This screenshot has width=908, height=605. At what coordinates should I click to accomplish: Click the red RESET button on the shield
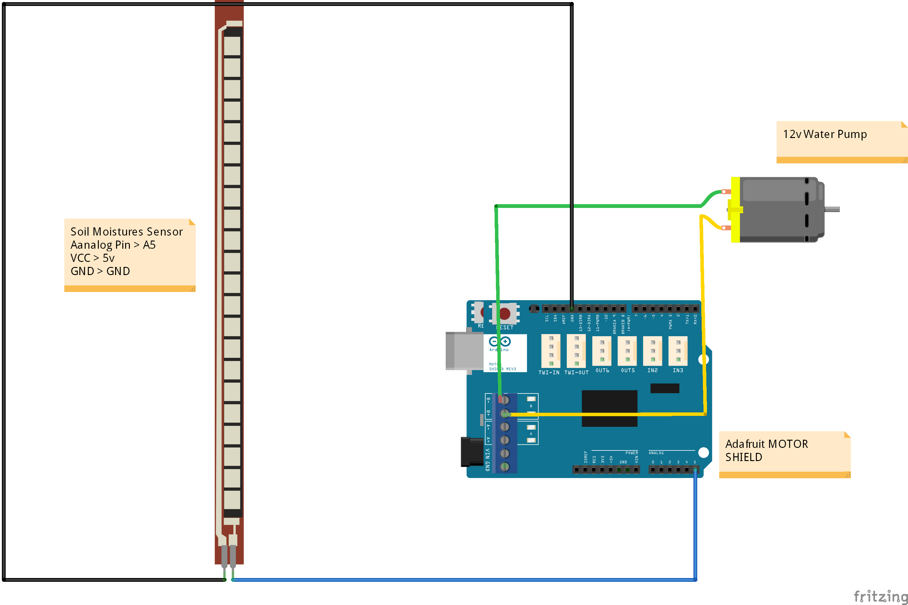[505, 313]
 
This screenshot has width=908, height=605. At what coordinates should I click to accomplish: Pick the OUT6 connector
[602, 351]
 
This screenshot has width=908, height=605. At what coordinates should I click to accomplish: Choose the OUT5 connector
[627, 351]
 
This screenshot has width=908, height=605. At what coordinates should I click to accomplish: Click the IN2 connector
[653, 351]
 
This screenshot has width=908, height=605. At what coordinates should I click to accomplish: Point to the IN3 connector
[678, 351]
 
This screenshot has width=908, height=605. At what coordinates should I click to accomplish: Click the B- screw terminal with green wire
[504, 400]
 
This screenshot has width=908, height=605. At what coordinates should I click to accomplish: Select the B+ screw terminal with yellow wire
[504, 414]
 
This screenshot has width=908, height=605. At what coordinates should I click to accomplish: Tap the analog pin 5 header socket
[695, 470]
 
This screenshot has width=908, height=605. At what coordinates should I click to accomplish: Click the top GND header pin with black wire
[571, 309]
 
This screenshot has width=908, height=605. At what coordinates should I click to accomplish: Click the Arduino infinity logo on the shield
[500, 342]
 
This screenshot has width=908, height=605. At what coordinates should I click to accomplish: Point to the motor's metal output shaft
[832, 210]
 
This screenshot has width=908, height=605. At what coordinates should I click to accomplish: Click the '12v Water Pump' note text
[825, 134]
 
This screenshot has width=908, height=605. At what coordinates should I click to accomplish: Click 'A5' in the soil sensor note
[149, 245]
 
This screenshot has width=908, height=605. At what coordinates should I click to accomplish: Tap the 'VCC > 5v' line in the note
[93, 258]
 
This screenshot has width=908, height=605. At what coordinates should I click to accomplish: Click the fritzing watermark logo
[881, 597]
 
